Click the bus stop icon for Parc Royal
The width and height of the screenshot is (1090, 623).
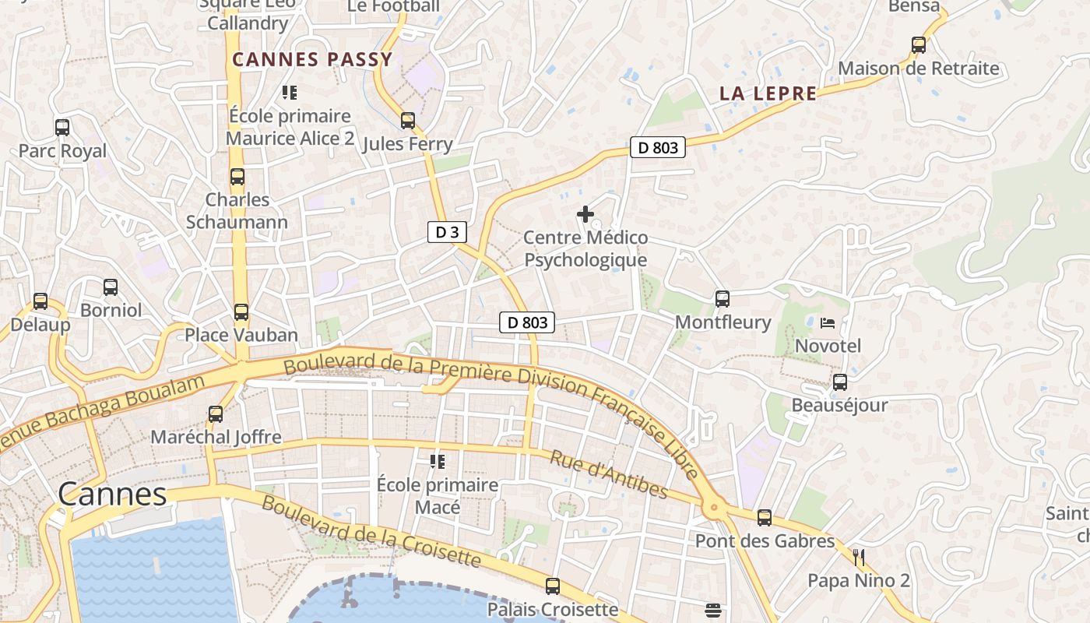pyautogui.click(x=62, y=127)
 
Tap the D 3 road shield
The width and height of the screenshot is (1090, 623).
pyautogui.click(x=447, y=231)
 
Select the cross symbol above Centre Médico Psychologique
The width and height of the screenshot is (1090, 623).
pyautogui.click(x=585, y=214)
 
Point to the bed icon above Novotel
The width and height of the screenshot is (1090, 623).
pyautogui.click(x=828, y=322)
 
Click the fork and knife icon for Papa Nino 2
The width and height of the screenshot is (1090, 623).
pyautogui.click(x=859, y=557)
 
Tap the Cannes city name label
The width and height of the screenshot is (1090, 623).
pyautogui.click(x=113, y=495)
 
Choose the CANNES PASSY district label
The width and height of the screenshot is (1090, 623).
pyautogui.click(x=312, y=60)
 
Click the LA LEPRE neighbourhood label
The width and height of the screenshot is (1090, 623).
pyautogui.click(x=768, y=93)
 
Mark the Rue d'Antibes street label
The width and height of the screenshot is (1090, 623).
pyautogui.click(x=609, y=474)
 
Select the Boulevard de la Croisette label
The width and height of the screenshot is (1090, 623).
pyautogui.click(x=371, y=531)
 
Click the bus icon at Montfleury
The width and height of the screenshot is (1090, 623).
pyautogui.click(x=723, y=299)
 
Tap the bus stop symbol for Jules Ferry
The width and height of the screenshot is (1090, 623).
pyautogui.click(x=408, y=121)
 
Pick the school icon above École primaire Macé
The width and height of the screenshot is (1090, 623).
pyautogui.click(x=438, y=462)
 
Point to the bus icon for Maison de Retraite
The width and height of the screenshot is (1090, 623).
pyautogui.click(x=919, y=45)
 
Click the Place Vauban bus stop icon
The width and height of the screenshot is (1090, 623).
pyautogui.click(x=241, y=312)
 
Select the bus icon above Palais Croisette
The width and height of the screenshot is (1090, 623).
pyautogui.click(x=553, y=586)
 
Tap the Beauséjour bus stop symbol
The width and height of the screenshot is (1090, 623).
pyautogui.click(x=840, y=382)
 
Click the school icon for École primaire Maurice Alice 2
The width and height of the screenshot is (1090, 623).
pyautogui.click(x=290, y=93)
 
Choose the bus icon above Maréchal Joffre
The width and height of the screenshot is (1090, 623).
pyautogui.click(x=216, y=414)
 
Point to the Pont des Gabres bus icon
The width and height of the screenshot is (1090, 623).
pyautogui.click(x=765, y=518)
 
